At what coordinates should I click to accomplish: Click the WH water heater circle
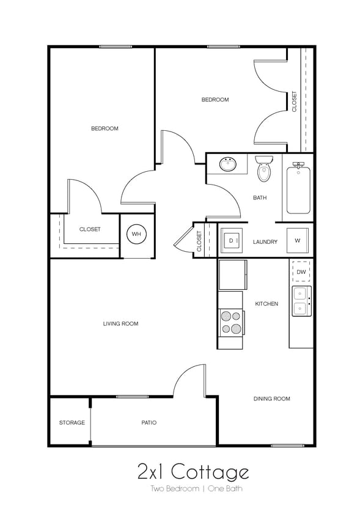[x=136, y=234]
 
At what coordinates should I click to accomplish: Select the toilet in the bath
[x=264, y=169]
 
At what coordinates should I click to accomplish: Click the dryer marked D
[x=231, y=240]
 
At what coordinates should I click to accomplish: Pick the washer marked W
[x=298, y=240]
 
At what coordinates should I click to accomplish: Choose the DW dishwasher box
[x=301, y=271]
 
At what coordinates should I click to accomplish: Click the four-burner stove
[x=231, y=323]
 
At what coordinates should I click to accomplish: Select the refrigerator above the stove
[x=232, y=275]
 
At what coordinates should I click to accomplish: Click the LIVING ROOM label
[x=121, y=323]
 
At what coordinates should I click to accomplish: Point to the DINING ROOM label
[x=272, y=399]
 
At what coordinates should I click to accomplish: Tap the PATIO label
[x=149, y=422]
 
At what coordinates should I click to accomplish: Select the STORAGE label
[x=72, y=422]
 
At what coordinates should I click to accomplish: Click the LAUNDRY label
[x=265, y=242]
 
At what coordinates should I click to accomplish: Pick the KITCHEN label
[x=266, y=304]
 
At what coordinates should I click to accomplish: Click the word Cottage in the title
[x=210, y=472]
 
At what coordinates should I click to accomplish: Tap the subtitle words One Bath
[x=225, y=488]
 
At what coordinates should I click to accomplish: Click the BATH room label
[x=260, y=197]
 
